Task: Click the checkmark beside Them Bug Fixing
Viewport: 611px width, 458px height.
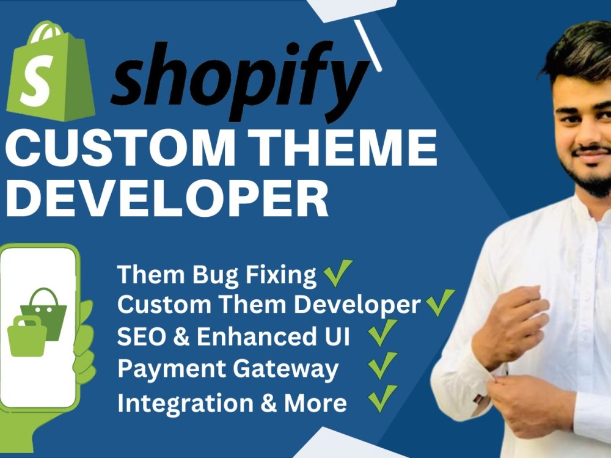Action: pyautogui.click(x=338, y=273)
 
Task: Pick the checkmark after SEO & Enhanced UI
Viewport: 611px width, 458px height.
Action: pyautogui.click(x=382, y=334)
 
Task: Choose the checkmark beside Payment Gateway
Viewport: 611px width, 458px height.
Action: pyautogui.click(x=382, y=366)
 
